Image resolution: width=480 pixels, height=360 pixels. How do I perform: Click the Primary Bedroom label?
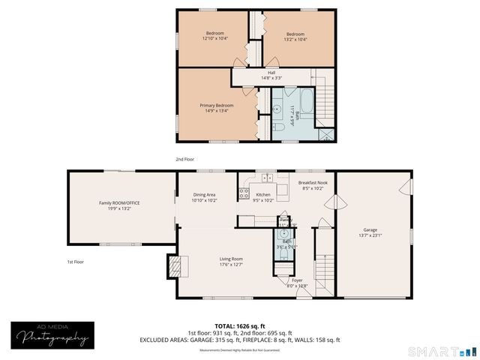216,106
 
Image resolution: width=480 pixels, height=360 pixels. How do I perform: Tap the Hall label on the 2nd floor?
271,73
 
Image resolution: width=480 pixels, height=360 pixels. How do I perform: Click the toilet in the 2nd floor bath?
278,127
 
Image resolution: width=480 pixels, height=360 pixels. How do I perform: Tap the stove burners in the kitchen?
244,193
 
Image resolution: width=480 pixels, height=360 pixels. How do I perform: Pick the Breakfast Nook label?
312,183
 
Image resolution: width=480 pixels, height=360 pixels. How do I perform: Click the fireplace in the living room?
174,265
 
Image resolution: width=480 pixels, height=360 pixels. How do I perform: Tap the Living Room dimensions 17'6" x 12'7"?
230,264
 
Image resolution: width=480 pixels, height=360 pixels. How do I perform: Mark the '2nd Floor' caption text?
184,160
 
